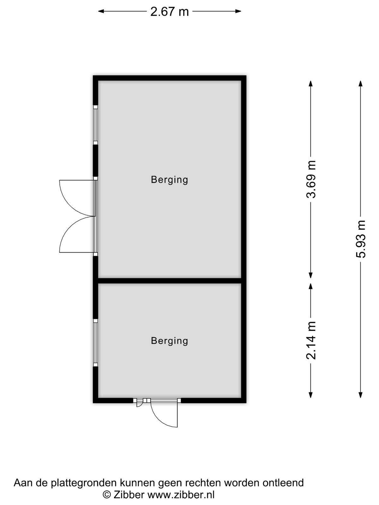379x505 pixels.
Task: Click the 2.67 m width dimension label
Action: [x=170, y=11]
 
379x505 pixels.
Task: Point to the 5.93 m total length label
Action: [x=361, y=239]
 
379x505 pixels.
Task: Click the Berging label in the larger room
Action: [x=169, y=180]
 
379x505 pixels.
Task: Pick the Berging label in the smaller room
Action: [x=169, y=341]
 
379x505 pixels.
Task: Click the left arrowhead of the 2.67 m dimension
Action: [x=101, y=11]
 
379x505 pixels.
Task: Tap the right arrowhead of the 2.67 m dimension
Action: [x=238, y=11]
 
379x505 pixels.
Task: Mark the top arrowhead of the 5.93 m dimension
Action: [x=361, y=84]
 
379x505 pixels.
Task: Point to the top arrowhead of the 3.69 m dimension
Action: [x=311, y=84]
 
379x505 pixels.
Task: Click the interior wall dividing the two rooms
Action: [x=170, y=281]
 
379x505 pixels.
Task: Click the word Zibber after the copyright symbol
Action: [x=129, y=495]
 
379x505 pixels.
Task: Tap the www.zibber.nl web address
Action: [x=181, y=495]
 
